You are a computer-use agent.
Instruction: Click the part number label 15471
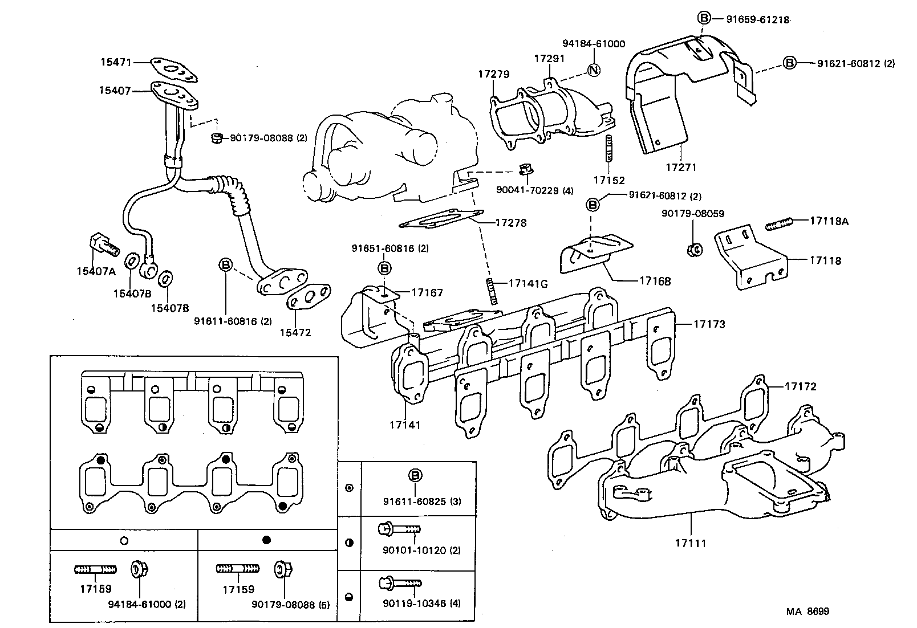click(x=116, y=64)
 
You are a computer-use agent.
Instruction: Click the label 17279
click(x=493, y=74)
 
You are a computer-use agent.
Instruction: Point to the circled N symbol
click(x=594, y=70)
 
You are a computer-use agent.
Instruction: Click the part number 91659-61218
click(x=757, y=19)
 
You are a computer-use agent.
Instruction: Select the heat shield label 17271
click(x=681, y=168)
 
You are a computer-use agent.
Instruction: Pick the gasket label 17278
click(x=510, y=223)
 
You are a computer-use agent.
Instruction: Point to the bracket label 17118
click(x=825, y=260)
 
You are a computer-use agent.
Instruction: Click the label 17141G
click(x=528, y=283)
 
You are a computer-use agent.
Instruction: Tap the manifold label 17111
click(x=690, y=543)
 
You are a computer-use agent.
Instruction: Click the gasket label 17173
click(x=709, y=324)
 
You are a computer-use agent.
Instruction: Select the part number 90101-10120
click(x=414, y=550)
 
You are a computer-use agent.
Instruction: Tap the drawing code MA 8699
click(x=808, y=611)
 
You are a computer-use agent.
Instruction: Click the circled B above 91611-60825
click(x=415, y=476)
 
